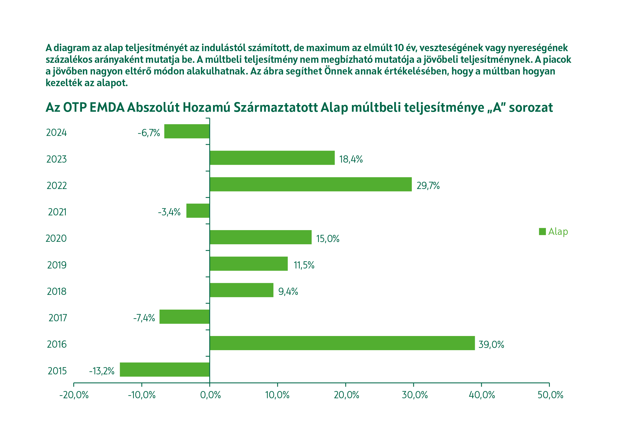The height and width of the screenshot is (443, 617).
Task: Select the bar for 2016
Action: pyautogui.click(x=342, y=343)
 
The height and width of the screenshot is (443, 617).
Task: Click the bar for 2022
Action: pyautogui.click(x=311, y=184)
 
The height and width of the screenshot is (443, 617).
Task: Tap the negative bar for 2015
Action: pyautogui.click(x=164, y=369)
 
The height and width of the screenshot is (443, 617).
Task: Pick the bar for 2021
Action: pyautogui.click(x=198, y=211)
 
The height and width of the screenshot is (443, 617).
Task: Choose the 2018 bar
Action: pyautogui.click(x=241, y=290)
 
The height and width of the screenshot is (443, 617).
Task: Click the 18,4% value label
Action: pyautogui.click(x=351, y=159)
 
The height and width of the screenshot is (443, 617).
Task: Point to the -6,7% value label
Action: pyautogui.click(x=149, y=133)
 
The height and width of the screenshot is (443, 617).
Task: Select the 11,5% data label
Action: pyautogui.click(x=304, y=265)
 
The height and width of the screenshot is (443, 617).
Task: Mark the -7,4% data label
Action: pyautogui.click(x=144, y=318)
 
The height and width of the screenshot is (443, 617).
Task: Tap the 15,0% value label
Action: pyautogui.click(x=328, y=239)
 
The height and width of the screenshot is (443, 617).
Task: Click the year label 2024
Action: pyautogui.click(x=56, y=133)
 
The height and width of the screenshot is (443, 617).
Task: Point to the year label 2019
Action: pyautogui.click(x=57, y=265)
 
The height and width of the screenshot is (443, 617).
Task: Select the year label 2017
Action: pyautogui.click(x=58, y=318)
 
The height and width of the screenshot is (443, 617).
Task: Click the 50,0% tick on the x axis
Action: pyautogui.click(x=550, y=395)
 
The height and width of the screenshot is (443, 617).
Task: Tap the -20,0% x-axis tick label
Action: pyautogui.click(x=74, y=395)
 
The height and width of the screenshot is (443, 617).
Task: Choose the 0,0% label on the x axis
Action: pyautogui.click(x=210, y=395)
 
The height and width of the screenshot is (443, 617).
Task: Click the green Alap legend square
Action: pyautogui.click(x=542, y=232)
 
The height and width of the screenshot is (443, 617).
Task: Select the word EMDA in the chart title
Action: pyautogui.click(x=107, y=108)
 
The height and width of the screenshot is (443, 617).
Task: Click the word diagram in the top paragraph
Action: pyautogui.click(x=71, y=48)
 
